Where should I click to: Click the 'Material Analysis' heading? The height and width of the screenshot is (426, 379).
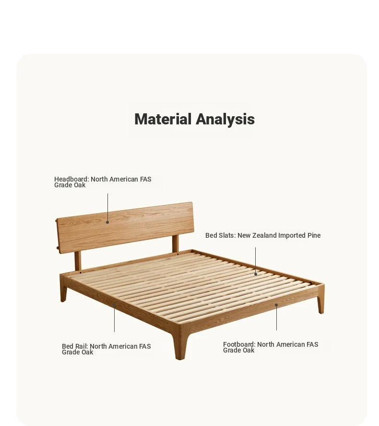coord(194,119)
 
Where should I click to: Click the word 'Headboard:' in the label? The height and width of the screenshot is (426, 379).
coord(71,179)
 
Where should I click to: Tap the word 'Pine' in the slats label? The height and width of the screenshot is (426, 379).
coord(314,235)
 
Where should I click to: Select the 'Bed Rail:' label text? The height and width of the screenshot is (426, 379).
coord(75,346)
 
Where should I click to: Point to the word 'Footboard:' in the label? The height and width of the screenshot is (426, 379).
coord(239,344)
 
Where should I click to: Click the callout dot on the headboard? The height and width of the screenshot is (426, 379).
coord(107,222)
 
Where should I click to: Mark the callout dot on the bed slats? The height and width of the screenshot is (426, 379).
coord(256,274)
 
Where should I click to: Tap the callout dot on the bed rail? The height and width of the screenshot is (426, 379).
coord(115,305)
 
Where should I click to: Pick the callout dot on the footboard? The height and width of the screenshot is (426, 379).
coord(276,305)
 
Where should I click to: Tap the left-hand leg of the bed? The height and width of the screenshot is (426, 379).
coord(63,289)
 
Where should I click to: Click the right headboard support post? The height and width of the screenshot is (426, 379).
coord(176,243)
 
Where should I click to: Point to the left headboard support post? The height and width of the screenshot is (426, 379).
coord(78,261)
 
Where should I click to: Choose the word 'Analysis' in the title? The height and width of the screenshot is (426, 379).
coord(225,119)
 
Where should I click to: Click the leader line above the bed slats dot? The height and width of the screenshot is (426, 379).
coord(255,260)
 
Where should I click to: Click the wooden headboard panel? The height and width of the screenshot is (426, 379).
coord(125,228)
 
